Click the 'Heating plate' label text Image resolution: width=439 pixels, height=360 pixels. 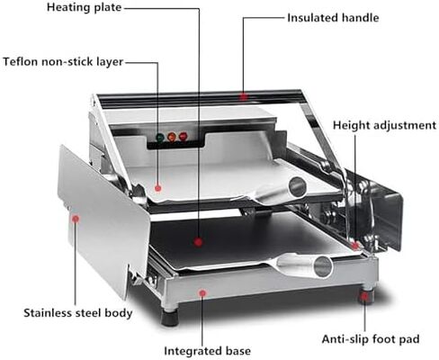point(84,7)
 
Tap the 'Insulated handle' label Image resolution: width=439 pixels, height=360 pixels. point(333,18)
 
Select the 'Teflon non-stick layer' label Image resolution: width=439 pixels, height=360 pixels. point(63,61)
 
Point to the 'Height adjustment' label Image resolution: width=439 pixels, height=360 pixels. point(384,125)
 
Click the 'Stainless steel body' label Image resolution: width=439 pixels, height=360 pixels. point(78,313)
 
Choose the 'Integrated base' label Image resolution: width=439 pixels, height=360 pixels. point(207,351)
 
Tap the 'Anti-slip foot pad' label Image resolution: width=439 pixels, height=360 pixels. point(371,339)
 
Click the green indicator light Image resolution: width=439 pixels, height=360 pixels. point(160,138)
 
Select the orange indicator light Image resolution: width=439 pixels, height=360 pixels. point(172,137)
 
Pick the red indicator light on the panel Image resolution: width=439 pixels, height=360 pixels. point(183,136)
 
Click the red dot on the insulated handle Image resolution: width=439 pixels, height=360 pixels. point(244,96)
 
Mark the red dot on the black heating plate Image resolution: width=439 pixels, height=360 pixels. point(198,242)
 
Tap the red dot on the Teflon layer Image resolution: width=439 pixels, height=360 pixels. point(158,188)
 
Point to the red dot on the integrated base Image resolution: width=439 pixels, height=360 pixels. point(202,293)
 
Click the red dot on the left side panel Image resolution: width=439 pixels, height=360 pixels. point(76,219)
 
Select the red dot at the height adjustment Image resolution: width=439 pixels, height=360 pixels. point(355,246)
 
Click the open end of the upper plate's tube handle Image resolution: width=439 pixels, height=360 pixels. point(298,187)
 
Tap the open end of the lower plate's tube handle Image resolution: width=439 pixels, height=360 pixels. point(323,266)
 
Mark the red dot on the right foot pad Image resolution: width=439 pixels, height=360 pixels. point(364,297)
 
